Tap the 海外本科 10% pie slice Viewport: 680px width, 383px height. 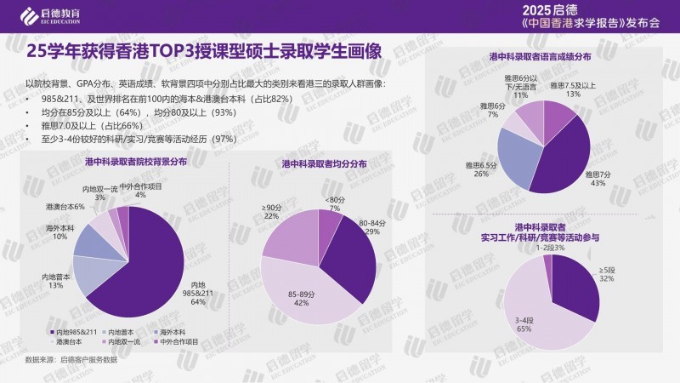(x=91, y=240)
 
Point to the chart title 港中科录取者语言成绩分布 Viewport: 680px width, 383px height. (x=541, y=57)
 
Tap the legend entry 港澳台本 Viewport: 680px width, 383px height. (x=71, y=341)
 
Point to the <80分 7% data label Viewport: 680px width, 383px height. (x=334, y=203)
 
